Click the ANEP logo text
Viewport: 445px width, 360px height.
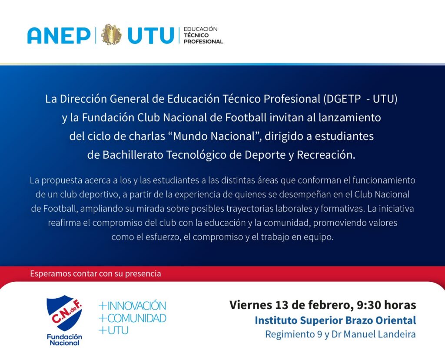pyautogui.click(x=59, y=36)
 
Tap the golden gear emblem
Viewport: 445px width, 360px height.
pyautogui.click(x=111, y=35)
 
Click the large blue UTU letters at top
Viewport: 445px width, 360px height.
pyautogui.click(x=150, y=36)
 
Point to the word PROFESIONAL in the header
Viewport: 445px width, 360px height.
pyautogui.click(x=203, y=41)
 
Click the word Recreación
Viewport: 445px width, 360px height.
pyautogui.click(x=326, y=155)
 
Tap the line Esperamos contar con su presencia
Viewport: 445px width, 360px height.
pyautogui.click(x=96, y=273)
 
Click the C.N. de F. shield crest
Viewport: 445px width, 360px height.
pyautogui.click(x=64, y=313)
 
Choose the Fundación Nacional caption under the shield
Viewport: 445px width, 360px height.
pyautogui.click(x=64, y=340)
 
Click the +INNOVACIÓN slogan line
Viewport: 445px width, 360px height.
pyautogui.click(x=132, y=306)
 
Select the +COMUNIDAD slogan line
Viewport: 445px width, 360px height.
pyautogui.click(x=132, y=318)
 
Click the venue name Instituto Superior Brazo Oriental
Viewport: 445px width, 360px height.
pyautogui.click(x=335, y=320)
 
